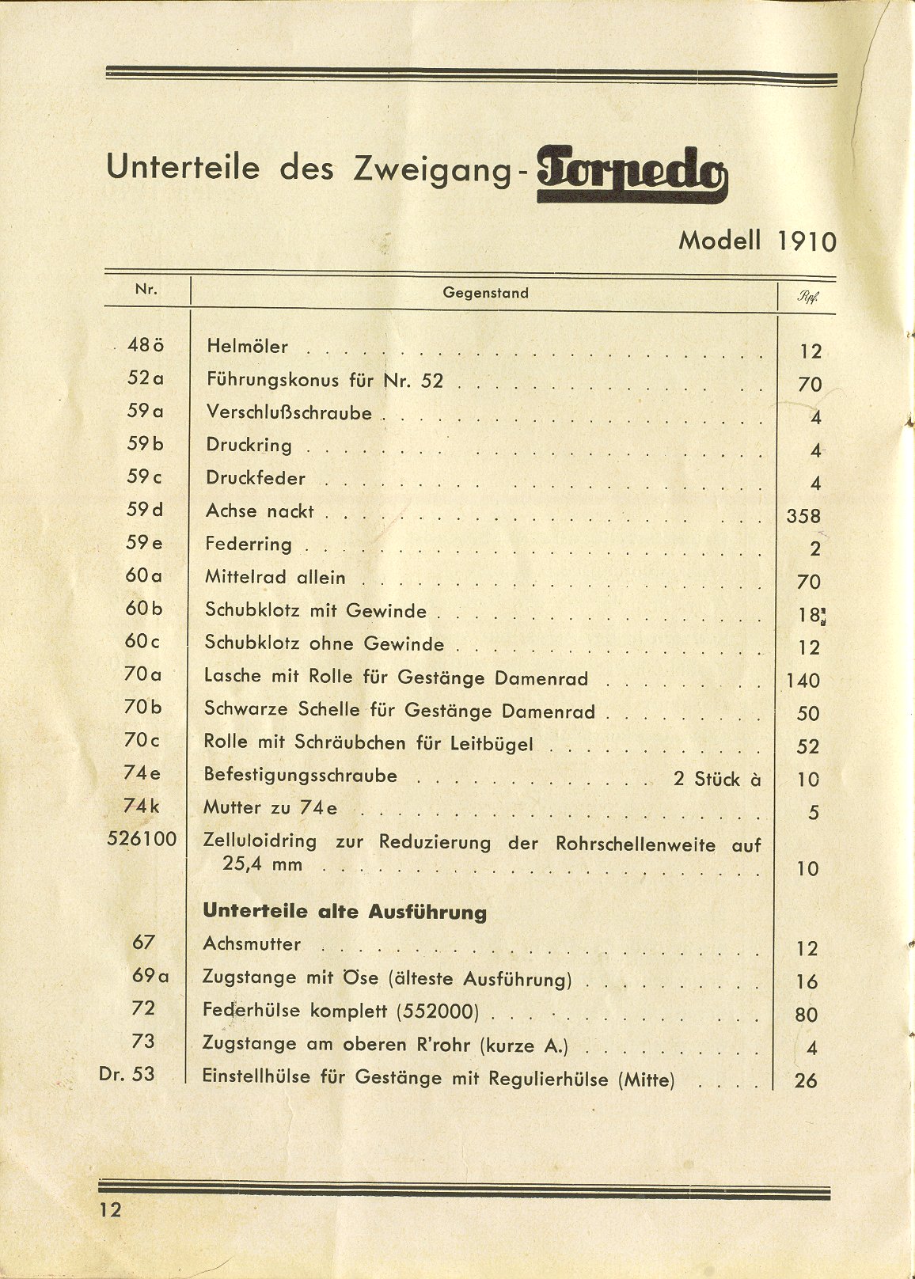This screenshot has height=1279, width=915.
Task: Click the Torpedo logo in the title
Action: (632, 175)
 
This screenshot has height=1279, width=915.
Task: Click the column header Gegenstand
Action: (485, 293)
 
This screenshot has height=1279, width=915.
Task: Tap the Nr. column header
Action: (146, 290)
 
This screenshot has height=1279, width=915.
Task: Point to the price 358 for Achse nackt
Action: (803, 517)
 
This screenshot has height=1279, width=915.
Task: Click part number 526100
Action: (142, 839)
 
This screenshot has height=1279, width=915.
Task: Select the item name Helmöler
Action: (247, 346)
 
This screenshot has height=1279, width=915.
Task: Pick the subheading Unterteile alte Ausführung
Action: (344, 911)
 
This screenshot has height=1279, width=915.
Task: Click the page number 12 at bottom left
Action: (110, 1209)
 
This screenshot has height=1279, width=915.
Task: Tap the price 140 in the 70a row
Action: (803, 681)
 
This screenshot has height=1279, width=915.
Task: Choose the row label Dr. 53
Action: (127, 1075)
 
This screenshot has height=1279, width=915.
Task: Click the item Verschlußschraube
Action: (289, 412)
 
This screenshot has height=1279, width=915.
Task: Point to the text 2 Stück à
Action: (717, 779)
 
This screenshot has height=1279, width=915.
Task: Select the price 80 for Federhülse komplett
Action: (807, 1015)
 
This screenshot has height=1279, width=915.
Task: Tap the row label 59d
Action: (144, 510)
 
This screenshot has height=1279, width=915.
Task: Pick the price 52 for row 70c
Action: (807, 746)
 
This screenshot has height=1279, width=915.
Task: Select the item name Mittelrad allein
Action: (275, 578)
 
